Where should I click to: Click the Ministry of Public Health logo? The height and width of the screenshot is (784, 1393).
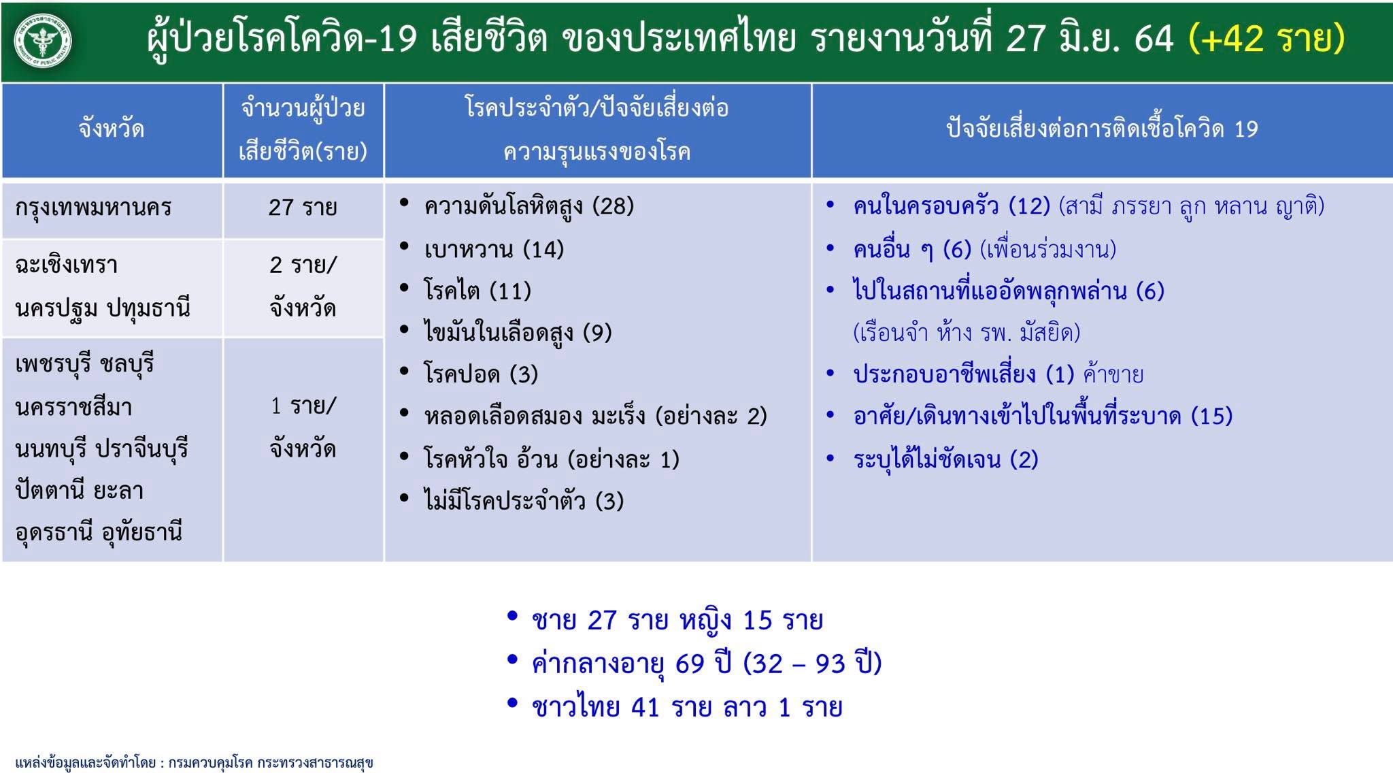(44, 41)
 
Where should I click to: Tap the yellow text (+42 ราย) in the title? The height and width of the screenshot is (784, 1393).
(1266, 38)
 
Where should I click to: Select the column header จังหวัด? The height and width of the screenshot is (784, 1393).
(112, 129)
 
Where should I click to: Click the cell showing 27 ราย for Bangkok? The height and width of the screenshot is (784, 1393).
(303, 207)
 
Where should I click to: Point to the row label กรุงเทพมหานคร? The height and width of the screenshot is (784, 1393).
(93, 208)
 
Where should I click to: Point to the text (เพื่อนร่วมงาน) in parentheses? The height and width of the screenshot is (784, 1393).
(1048, 250)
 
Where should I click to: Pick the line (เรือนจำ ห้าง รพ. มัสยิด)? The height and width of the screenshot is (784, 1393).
(967, 333)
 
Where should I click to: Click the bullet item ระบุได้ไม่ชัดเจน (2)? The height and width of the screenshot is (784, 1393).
(945, 459)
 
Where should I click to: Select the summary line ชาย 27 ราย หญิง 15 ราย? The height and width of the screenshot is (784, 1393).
(677, 620)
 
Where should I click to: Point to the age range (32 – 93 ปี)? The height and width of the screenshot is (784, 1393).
(813, 663)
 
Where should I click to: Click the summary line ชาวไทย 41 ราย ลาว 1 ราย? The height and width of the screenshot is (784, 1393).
(687, 706)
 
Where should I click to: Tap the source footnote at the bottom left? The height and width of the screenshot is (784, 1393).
(194, 762)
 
